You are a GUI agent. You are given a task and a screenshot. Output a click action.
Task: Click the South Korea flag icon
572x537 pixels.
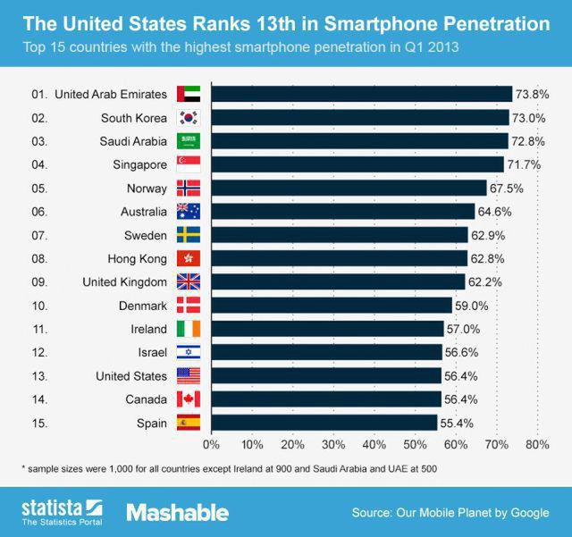click(x=189, y=117)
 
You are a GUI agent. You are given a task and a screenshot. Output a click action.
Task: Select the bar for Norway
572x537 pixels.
click(x=349, y=188)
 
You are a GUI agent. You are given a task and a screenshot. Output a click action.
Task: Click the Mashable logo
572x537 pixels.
click(x=177, y=513)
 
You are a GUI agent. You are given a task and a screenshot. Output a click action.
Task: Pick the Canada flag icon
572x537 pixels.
click(x=189, y=399)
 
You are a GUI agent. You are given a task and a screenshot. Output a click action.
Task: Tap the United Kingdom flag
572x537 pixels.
click(x=189, y=281)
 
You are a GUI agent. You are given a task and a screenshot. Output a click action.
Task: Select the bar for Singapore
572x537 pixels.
click(x=357, y=164)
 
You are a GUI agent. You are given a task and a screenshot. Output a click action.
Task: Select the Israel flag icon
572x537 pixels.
click(x=189, y=352)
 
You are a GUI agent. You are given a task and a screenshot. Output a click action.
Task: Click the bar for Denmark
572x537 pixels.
click(x=331, y=306)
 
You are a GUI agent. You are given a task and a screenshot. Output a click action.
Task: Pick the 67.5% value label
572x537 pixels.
click(x=505, y=188)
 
